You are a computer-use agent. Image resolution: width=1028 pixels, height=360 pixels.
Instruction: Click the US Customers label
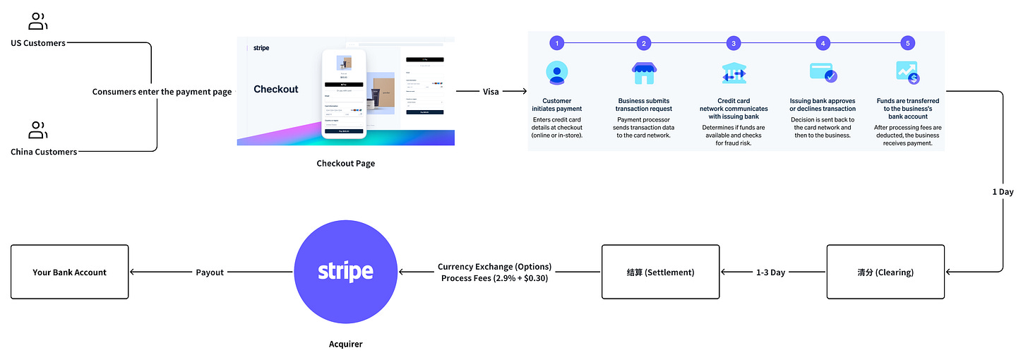(x=38, y=43)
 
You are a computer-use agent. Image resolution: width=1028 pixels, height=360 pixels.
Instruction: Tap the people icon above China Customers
(x=37, y=130)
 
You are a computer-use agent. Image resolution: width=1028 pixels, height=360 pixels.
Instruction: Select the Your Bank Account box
(x=70, y=272)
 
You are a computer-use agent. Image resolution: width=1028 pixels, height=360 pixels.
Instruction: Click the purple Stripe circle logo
(x=345, y=272)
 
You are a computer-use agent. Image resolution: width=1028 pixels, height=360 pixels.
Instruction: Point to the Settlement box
(x=660, y=272)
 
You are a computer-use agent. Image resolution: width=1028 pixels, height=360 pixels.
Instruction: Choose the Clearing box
(x=885, y=272)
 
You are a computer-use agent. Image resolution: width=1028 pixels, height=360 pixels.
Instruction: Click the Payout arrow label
(x=210, y=272)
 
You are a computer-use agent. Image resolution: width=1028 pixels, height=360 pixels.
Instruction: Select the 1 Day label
(x=1003, y=192)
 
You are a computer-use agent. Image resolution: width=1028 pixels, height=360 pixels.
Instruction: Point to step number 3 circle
(x=734, y=44)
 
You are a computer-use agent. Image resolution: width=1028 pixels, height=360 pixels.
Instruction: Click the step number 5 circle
(x=908, y=44)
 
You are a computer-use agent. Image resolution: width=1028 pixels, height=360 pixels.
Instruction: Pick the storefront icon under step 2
(x=644, y=73)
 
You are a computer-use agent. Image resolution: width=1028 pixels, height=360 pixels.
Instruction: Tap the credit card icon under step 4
(x=823, y=73)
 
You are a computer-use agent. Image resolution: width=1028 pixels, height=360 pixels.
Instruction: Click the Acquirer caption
(x=345, y=344)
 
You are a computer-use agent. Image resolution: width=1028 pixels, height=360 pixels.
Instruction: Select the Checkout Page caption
(x=346, y=163)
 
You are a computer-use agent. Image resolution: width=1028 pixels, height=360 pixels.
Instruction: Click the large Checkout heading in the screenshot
(x=276, y=89)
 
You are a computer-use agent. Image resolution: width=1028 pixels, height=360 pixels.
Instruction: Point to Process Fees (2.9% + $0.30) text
(x=494, y=278)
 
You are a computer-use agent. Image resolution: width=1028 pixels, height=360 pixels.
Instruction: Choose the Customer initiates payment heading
(x=557, y=104)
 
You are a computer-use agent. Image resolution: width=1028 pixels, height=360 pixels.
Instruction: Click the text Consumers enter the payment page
(x=162, y=92)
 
